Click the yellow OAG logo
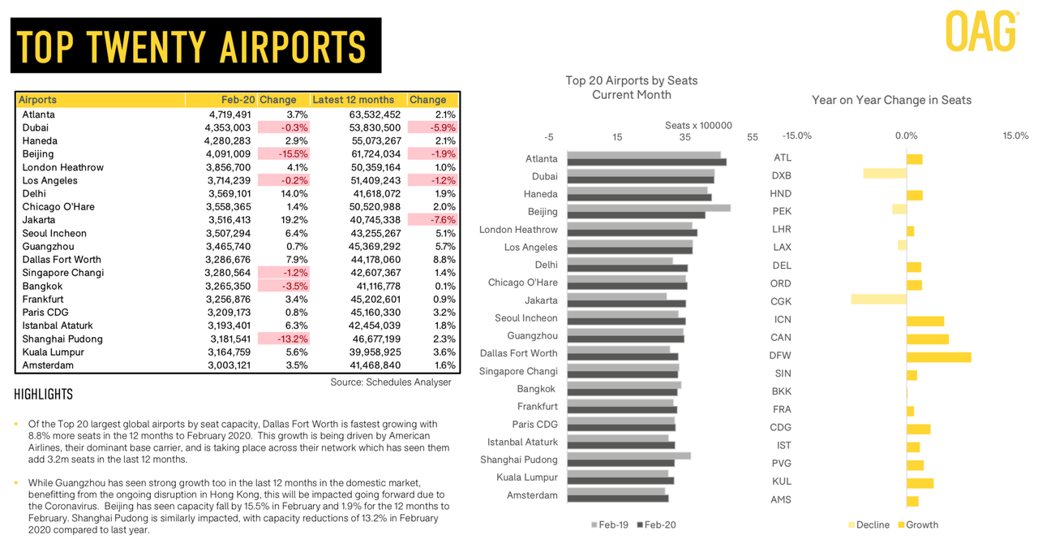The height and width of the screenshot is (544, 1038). (x=982, y=31)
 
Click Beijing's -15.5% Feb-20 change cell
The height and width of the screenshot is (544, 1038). (x=284, y=153)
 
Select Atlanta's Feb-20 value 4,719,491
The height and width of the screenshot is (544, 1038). (x=229, y=114)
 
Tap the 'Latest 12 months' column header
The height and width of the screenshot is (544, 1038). (x=353, y=100)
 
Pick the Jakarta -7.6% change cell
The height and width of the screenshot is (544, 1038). (x=433, y=219)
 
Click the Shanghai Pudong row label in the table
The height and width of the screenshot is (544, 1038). (x=62, y=339)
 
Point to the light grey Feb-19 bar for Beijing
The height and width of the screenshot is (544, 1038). (x=649, y=208)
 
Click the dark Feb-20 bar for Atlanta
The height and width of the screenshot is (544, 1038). (x=647, y=162)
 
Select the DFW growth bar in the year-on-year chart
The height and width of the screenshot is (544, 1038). (x=939, y=357)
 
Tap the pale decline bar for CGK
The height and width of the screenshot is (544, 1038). (x=878, y=300)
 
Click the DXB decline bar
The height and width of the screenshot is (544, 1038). (x=885, y=173)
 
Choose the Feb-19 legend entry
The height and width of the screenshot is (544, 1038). (x=610, y=525)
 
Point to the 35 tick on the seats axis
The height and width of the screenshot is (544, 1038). (x=685, y=137)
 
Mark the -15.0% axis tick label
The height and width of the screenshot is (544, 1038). (x=797, y=136)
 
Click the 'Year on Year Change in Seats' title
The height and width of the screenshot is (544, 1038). (x=891, y=100)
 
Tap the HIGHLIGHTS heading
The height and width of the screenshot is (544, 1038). (x=44, y=395)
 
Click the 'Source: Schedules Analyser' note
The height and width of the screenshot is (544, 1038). (x=391, y=382)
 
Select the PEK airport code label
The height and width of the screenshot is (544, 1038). (x=782, y=211)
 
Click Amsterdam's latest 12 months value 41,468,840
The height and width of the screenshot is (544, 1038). (x=375, y=365)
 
